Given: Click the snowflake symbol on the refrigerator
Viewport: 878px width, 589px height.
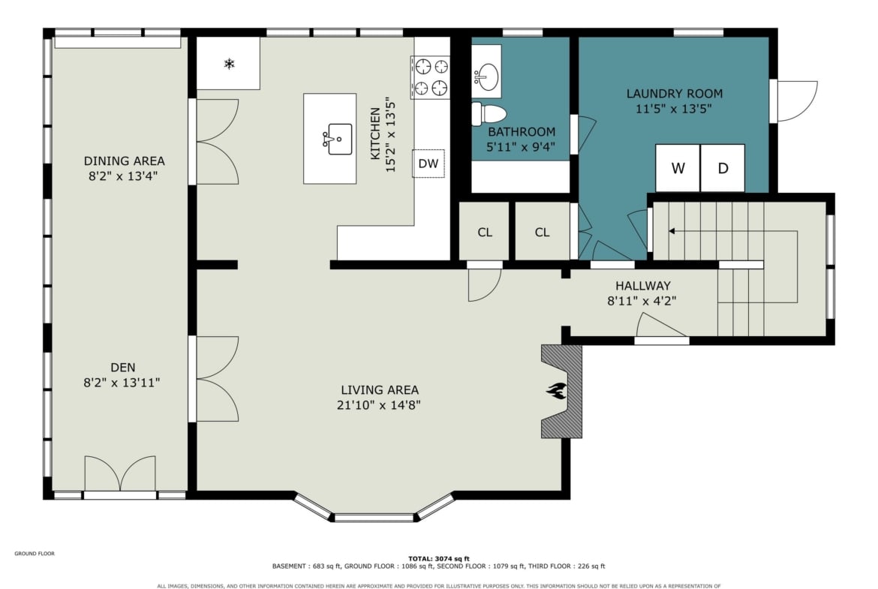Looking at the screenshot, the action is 229,64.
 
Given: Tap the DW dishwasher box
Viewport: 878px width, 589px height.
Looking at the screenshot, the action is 428,164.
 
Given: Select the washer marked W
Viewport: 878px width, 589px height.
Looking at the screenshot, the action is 678,168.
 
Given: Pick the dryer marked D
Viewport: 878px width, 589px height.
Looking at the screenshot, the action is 723,168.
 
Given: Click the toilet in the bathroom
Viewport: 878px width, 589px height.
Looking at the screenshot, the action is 489,114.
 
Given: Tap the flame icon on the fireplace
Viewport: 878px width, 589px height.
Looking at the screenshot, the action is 557,390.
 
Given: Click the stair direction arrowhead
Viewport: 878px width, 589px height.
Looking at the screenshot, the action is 672,231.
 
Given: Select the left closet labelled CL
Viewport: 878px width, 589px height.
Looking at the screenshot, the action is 484,232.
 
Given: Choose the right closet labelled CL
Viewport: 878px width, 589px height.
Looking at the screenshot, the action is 542,232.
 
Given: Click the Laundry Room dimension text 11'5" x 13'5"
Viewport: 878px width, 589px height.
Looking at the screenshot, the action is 674,109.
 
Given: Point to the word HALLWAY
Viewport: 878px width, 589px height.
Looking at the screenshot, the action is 643,286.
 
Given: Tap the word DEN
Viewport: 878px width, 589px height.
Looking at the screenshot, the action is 122,368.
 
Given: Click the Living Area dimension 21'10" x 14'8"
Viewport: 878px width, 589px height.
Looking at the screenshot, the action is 379,405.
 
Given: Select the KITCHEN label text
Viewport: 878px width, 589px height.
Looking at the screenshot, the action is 375,134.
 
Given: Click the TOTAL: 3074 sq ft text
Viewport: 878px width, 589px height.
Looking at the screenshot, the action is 439,558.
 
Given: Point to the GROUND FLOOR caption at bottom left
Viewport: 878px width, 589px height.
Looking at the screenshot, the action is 35,554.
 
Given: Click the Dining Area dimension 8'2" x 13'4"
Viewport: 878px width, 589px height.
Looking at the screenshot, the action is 122,176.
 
